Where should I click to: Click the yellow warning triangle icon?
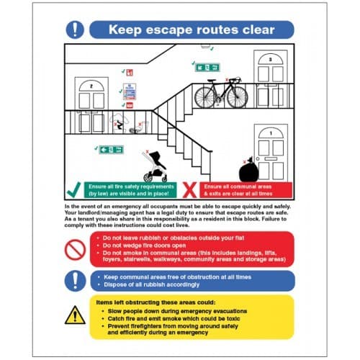(x=75, y=315)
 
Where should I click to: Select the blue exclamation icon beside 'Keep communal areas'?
(x=75, y=280)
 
